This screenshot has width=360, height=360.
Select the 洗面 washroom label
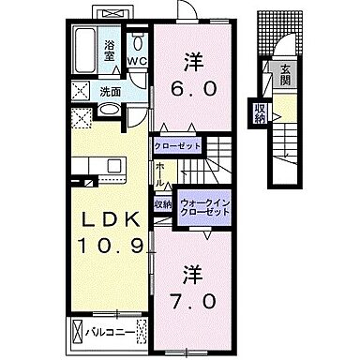(x=111, y=92)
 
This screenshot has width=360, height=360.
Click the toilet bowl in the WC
(x=139, y=41)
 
